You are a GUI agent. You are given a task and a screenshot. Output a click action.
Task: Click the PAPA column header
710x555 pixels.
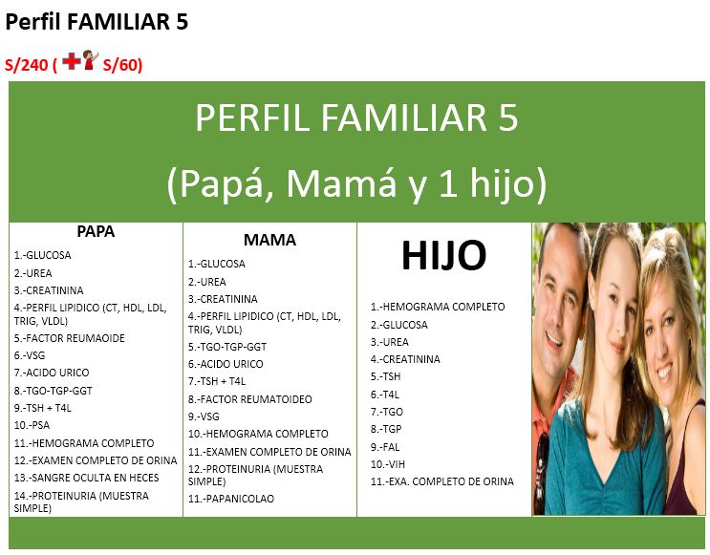(96, 232)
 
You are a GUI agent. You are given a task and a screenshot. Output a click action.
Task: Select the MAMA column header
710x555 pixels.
(269, 240)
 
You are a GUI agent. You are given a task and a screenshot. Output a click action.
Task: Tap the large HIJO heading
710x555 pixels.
(443, 255)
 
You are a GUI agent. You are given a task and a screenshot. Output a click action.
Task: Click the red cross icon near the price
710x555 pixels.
(73, 62)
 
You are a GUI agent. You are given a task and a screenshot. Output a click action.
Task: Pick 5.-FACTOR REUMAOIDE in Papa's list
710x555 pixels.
(69, 338)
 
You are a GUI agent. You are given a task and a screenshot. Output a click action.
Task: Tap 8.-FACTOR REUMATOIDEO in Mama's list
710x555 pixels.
(249, 399)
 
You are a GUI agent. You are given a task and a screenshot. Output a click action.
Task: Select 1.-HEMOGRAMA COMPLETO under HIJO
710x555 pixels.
(438, 308)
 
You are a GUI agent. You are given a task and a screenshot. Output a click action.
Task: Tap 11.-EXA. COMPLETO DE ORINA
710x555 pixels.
(442, 481)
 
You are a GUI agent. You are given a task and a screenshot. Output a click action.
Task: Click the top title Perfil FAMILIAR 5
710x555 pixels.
(97, 23)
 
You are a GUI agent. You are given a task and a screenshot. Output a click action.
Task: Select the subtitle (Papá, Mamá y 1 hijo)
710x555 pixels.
(356, 182)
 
